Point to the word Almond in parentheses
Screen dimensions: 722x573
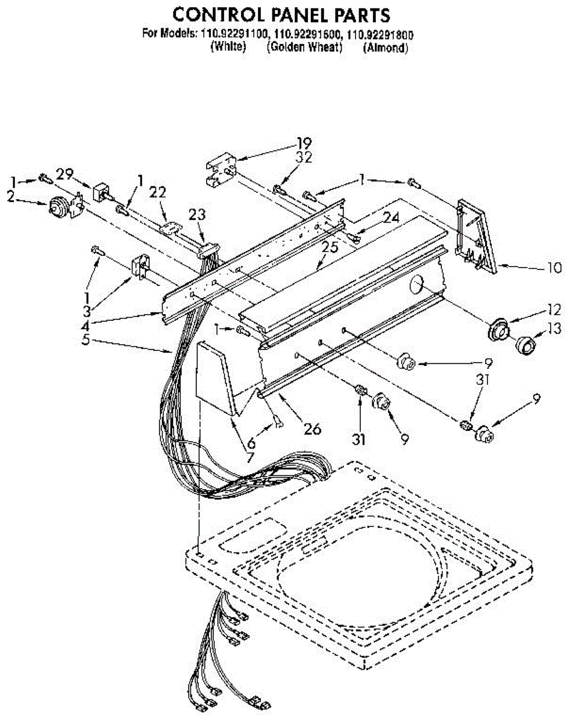[x=385, y=48]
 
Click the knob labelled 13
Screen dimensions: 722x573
[x=526, y=346]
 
